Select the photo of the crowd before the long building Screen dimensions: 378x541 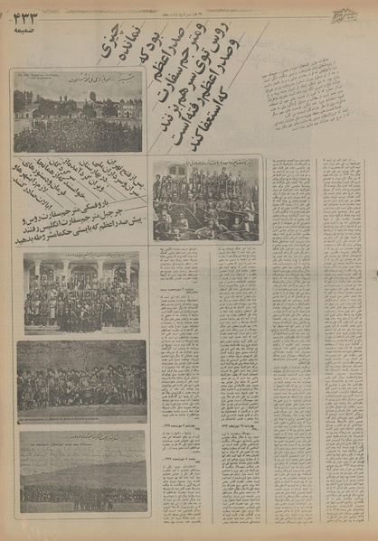click(78, 113)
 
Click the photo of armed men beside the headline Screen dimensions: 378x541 click(205, 201)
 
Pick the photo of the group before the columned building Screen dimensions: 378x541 click(81, 291)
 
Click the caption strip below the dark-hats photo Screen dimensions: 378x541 click(81, 419)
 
